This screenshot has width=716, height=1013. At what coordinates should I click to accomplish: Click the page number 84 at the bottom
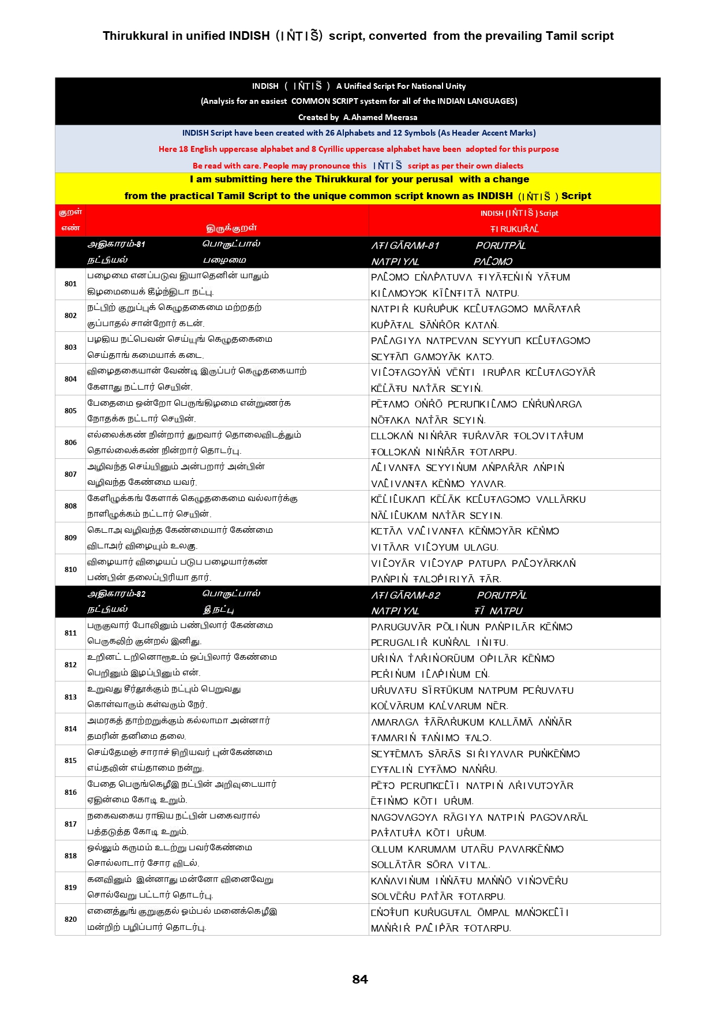(x=359, y=979)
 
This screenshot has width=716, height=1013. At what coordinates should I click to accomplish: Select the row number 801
(x=70, y=284)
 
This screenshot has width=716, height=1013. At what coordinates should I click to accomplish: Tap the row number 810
(x=70, y=570)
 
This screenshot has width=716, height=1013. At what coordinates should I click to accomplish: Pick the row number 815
(x=70, y=761)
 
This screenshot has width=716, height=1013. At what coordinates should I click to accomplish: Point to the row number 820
(x=70, y=919)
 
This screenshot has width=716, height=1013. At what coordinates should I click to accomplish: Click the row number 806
(x=70, y=443)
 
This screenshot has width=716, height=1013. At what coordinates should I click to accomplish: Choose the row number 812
(x=70, y=665)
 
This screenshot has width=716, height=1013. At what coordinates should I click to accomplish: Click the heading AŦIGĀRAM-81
(x=405, y=246)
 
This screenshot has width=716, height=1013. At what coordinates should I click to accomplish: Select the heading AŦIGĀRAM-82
(x=406, y=596)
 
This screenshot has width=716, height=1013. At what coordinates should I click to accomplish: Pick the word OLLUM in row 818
(x=387, y=850)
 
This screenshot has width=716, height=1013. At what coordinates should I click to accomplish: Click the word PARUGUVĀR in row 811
(x=400, y=627)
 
